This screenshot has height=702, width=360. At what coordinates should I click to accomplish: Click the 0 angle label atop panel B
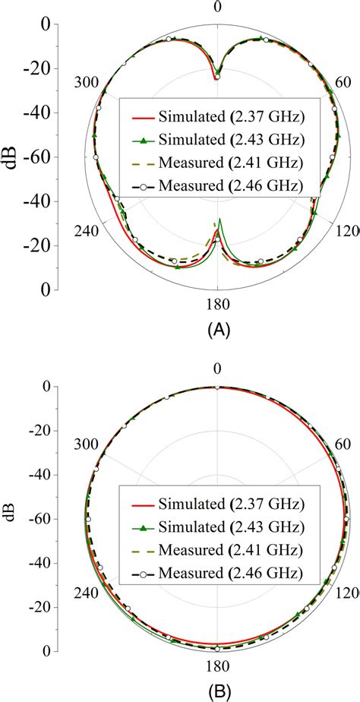tap(217, 368)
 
